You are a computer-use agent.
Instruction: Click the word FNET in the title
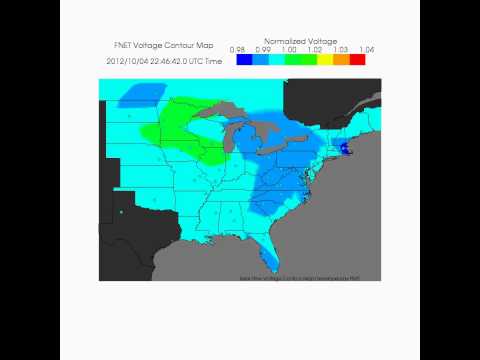124,46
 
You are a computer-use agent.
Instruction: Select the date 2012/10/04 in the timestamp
126,61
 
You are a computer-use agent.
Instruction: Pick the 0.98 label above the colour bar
238,49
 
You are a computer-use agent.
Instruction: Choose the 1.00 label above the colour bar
289,49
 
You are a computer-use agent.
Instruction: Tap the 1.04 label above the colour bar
366,49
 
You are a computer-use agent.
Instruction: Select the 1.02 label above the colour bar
316,49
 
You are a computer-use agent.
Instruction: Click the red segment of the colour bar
358,60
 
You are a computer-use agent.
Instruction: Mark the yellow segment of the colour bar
325,60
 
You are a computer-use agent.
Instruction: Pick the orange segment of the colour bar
341,60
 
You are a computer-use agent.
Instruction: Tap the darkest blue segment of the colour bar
244,60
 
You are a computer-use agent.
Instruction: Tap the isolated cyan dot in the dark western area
120,212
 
